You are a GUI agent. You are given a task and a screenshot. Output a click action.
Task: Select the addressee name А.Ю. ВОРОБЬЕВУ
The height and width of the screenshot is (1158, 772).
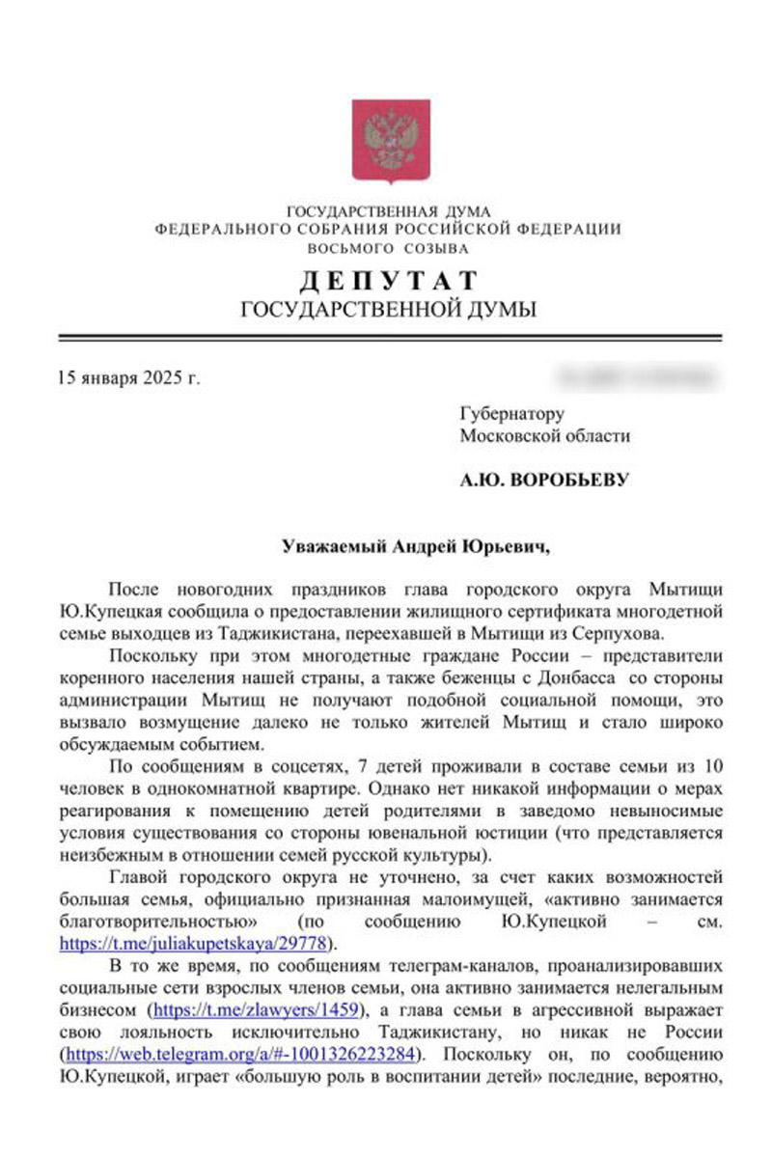pyautogui.click(x=544, y=480)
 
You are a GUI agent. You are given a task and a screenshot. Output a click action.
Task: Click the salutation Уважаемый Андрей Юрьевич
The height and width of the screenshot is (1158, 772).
pyautogui.click(x=415, y=546)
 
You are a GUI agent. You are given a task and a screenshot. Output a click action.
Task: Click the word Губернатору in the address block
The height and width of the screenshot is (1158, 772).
pyautogui.click(x=511, y=414)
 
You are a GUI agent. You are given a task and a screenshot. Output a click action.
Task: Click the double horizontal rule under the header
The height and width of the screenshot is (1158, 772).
pyautogui.click(x=389, y=337)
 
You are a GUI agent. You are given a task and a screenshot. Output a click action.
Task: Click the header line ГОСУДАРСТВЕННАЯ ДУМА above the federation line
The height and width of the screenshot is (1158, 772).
pyautogui.click(x=389, y=210)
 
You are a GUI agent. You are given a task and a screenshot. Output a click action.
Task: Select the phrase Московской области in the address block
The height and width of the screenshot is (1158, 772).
pyautogui.click(x=545, y=436)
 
